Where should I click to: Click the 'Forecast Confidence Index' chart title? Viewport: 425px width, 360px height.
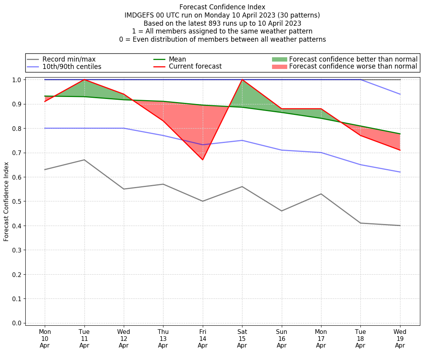click(x=222, y=7)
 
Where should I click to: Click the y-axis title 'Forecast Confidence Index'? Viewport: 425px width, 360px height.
click(x=6, y=201)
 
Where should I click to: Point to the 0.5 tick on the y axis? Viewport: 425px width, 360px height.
click(x=18, y=201)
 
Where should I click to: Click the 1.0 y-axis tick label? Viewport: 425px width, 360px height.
click(x=18, y=80)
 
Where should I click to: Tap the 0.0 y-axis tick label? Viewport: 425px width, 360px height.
click(x=18, y=323)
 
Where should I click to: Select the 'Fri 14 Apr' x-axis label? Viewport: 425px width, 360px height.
click(x=203, y=339)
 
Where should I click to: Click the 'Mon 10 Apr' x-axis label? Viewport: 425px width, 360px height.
click(x=45, y=339)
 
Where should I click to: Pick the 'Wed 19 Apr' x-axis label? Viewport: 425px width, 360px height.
click(x=400, y=339)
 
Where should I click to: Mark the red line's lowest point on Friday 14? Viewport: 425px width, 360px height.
click(x=203, y=160)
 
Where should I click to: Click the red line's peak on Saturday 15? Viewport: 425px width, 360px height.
click(x=242, y=79)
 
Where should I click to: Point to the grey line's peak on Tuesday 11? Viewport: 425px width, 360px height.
click(x=84, y=160)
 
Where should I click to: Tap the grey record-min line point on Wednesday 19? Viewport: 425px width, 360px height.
click(x=400, y=226)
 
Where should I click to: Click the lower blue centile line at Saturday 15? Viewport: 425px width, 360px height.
click(x=242, y=140)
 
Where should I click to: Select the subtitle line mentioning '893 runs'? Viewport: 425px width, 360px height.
click(x=222, y=23)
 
